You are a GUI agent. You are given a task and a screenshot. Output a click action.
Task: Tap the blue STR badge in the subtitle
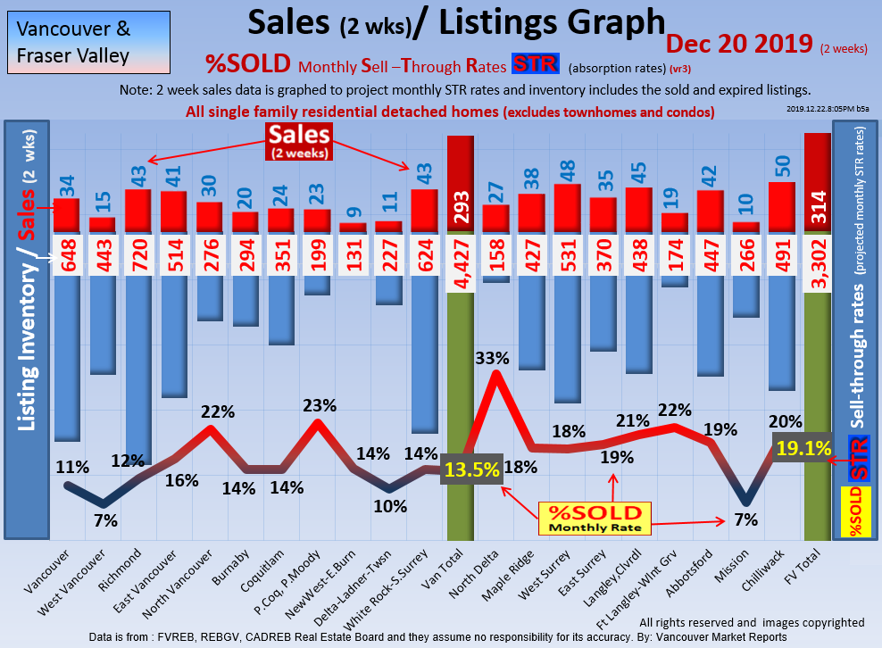(536, 65)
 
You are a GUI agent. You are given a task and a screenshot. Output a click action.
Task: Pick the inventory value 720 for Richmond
(138, 256)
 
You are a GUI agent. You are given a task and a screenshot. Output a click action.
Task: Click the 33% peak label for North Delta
(492, 358)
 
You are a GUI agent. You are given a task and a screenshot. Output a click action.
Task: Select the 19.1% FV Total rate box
(803, 448)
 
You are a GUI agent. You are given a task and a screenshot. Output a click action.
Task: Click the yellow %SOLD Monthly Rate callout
(595, 518)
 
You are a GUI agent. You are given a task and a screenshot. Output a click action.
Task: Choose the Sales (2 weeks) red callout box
(300, 141)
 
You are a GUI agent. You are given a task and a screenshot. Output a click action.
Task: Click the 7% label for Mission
(745, 519)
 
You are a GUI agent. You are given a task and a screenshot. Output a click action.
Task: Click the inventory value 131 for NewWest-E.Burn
(354, 256)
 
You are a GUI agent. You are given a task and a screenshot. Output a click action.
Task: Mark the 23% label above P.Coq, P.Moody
(319, 404)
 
